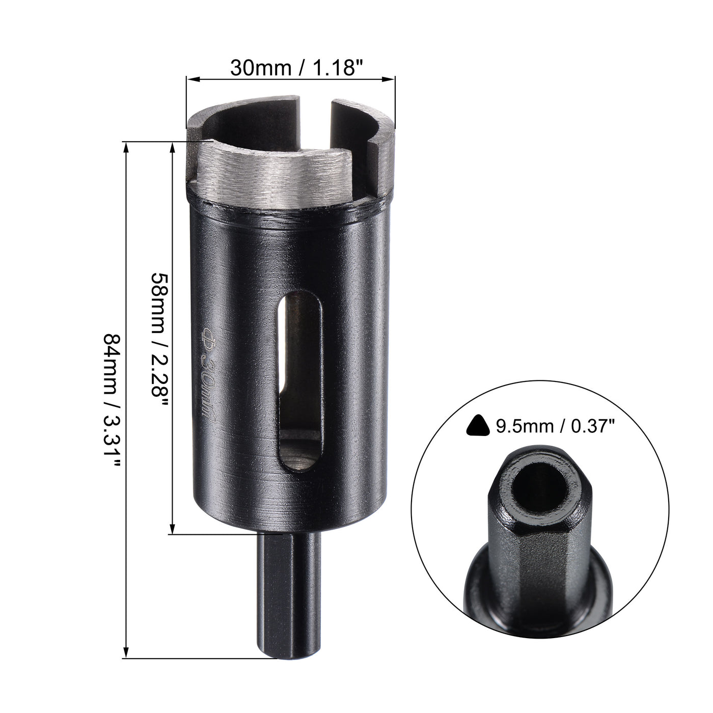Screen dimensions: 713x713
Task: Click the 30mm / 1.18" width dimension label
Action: click(x=292, y=67)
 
